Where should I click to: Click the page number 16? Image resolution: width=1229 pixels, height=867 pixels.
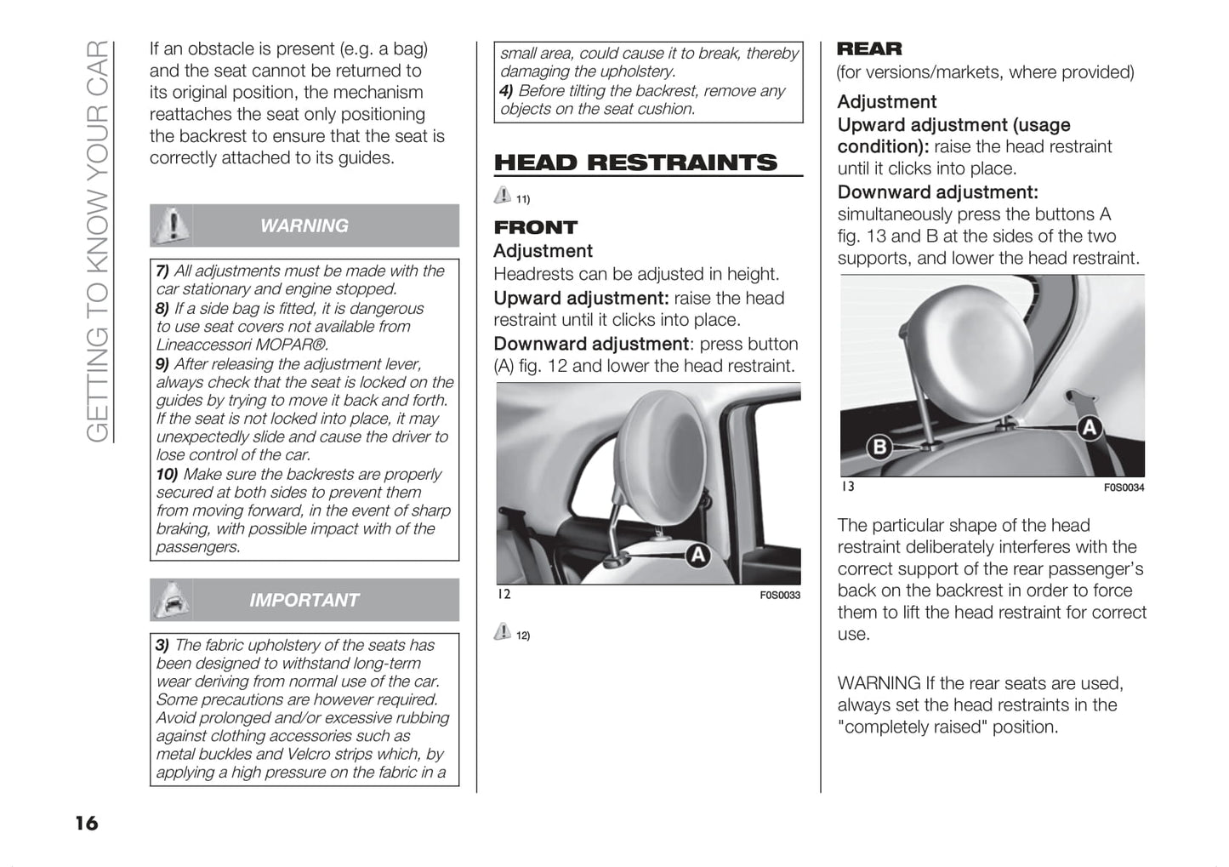pyautogui.click(x=86, y=823)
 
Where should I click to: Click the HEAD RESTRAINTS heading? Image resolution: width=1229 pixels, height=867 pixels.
pyautogui.click(x=635, y=163)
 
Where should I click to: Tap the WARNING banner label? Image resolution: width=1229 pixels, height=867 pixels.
pyautogui.click(x=304, y=225)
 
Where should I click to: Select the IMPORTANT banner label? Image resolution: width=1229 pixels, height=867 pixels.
pyautogui.click(x=304, y=600)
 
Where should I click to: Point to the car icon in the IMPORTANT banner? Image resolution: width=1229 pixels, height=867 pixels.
pyautogui.click(x=172, y=600)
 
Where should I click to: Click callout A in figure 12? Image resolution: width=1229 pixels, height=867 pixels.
pyautogui.click(x=698, y=556)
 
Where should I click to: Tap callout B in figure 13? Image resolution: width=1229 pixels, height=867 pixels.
pyautogui.click(x=879, y=446)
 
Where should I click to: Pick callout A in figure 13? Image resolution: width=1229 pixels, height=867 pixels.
pyautogui.click(x=1090, y=427)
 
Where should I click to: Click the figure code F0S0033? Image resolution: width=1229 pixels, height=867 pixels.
pyautogui.click(x=780, y=596)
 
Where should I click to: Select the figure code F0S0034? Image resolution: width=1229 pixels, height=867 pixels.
pyautogui.click(x=1124, y=488)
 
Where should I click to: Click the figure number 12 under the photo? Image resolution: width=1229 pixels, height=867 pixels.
pyautogui.click(x=504, y=594)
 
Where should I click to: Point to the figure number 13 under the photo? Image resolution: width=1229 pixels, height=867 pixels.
pyautogui.click(x=848, y=487)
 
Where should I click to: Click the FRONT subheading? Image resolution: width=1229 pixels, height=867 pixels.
pyautogui.click(x=535, y=227)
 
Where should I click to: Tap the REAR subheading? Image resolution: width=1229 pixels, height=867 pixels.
pyautogui.click(x=869, y=49)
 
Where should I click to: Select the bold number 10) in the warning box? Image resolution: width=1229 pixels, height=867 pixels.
pyautogui.click(x=167, y=474)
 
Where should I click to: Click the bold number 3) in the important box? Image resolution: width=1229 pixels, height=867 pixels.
pyautogui.click(x=162, y=645)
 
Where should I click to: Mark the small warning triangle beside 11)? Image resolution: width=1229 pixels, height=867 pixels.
pyautogui.click(x=503, y=195)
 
